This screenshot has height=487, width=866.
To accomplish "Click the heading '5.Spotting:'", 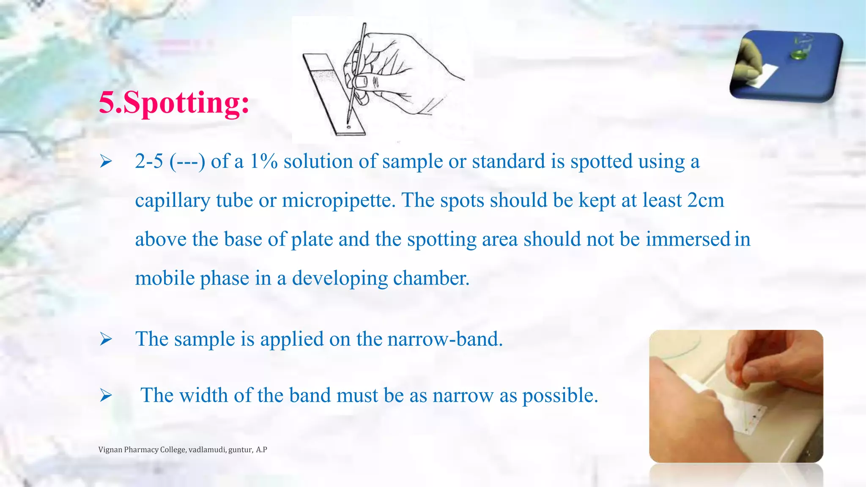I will click(x=174, y=103).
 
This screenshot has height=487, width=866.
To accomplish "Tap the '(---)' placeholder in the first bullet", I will click(x=187, y=161).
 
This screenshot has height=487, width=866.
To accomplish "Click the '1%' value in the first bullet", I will click(x=263, y=161).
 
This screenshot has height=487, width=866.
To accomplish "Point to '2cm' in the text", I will click(x=705, y=200).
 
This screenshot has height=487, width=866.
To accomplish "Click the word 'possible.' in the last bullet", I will click(x=560, y=396).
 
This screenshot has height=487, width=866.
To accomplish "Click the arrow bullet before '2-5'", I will click(x=106, y=161).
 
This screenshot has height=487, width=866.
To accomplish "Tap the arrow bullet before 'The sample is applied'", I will click(x=106, y=339).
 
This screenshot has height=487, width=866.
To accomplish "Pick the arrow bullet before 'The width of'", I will click(x=106, y=396).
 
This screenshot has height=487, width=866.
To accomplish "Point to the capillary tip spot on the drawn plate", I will click(x=348, y=126).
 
